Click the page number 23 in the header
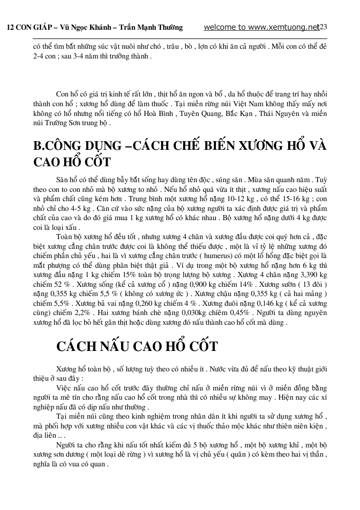coord(323,27)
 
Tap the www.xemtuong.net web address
coord(285,27)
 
